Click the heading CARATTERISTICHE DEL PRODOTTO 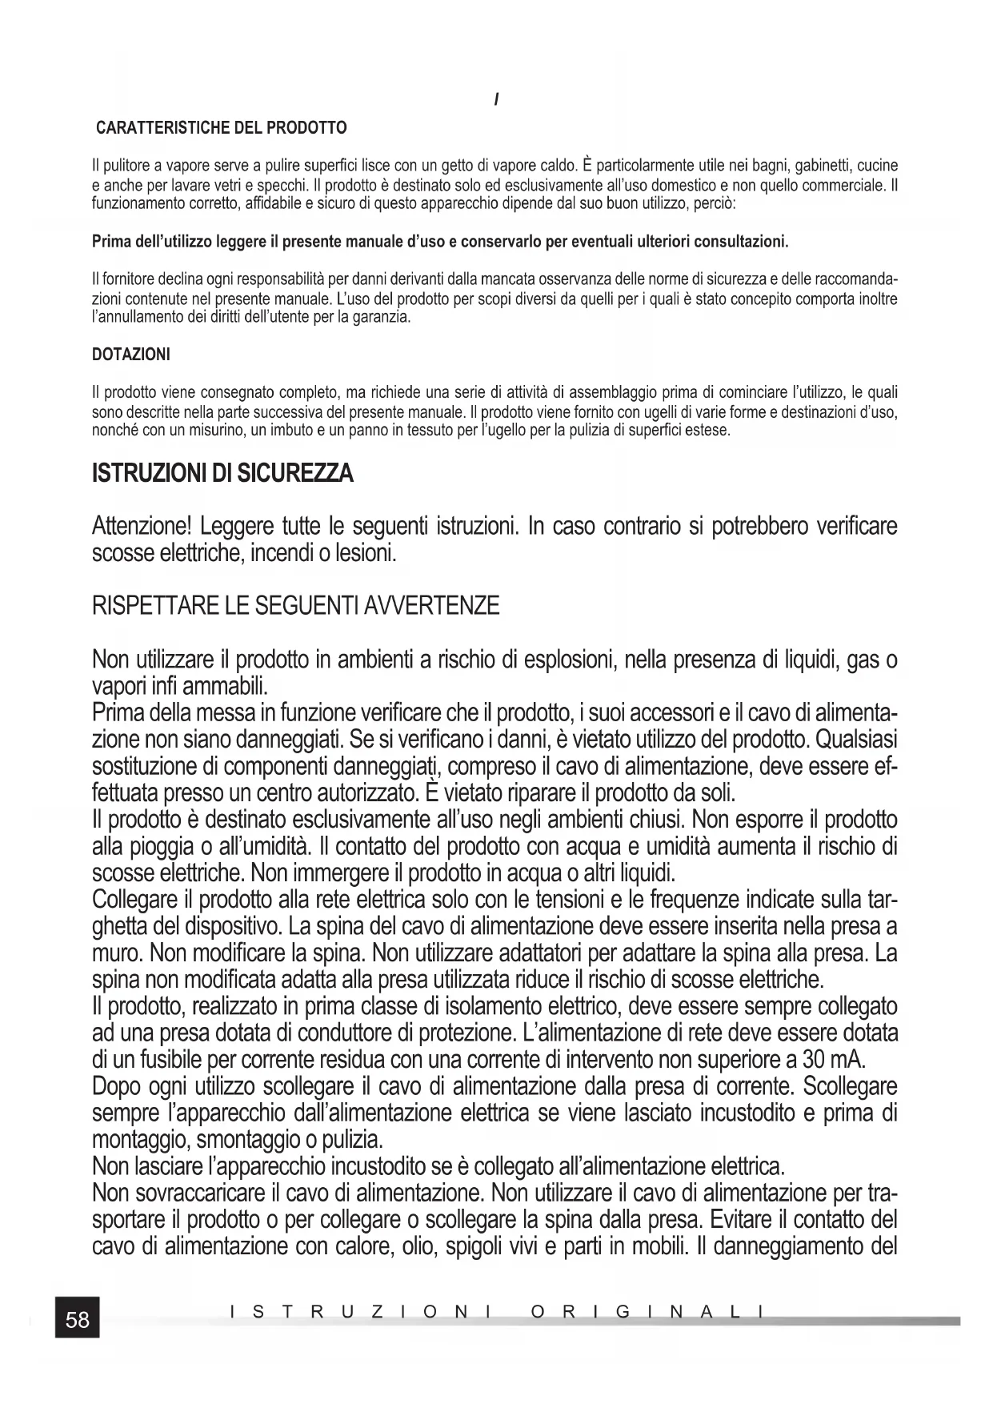[222, 128]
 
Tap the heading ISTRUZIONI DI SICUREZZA [223, 475]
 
